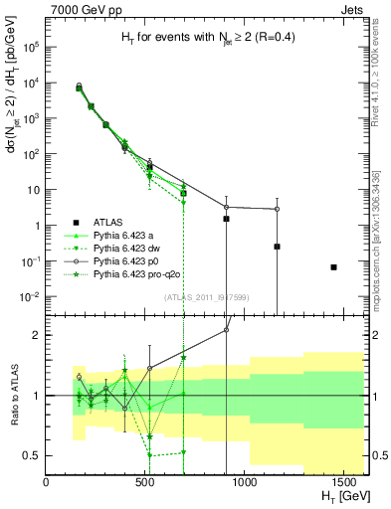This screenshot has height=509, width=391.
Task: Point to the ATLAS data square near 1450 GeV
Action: click(333, 266)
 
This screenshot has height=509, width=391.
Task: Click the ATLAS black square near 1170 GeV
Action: click(278, 247)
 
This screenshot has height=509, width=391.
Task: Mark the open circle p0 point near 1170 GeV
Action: click(278, 209)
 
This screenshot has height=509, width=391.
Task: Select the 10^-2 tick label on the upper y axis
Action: click(30, 297)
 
